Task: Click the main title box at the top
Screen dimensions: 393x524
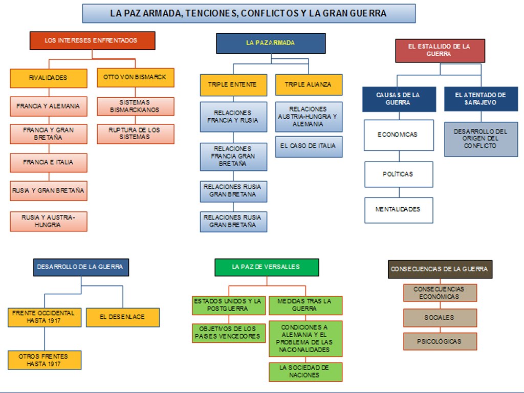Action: click(x=249, y=13)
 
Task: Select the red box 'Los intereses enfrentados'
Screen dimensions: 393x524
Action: click(x=92, y=40)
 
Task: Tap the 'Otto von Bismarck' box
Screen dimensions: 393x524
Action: click(x=135, y=77)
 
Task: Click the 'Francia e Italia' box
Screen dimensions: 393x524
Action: click(x=49, y=162)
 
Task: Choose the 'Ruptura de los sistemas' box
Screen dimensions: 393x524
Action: click(x=135, y=134)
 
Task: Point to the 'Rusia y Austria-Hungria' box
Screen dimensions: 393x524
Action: click(x=49, y=221)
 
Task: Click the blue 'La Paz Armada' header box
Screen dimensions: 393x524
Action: click(x=271, y=43)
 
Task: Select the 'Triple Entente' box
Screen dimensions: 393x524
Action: click(x=233, y=84)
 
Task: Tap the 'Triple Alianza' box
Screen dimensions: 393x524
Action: click(x=309, y=84)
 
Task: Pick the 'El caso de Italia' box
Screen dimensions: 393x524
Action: click(x=309, y=146)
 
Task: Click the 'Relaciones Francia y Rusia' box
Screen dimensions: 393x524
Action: click(x=233, y=117)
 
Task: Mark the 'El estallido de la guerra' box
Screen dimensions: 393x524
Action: click(x=440, y=50)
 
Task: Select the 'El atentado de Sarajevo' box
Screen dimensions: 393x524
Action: click(x=481, y=99)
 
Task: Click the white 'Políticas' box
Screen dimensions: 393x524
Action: click(x=399, y=174)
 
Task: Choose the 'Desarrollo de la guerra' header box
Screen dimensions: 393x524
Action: click(x=80, y=267)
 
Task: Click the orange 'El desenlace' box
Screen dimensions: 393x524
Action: click(x=122, y=317)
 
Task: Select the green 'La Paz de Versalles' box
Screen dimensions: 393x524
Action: click(x=267, y=267)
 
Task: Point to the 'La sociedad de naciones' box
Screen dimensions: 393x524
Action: click(x=305, y=372)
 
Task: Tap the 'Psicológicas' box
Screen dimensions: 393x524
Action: click(x=440, y=341)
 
